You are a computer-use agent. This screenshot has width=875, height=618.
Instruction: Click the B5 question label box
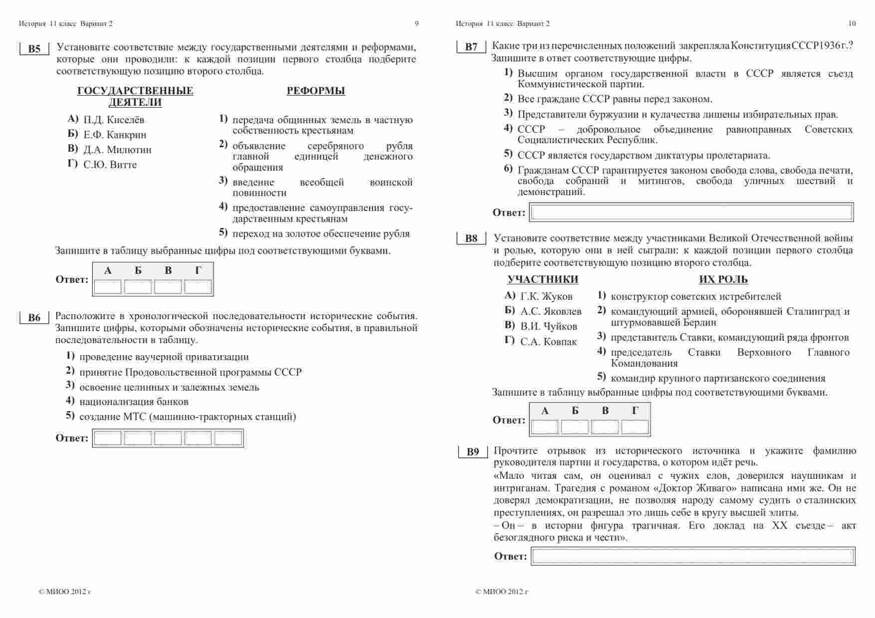click(34, 49)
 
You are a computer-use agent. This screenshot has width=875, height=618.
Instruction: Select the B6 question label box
click(34, 318)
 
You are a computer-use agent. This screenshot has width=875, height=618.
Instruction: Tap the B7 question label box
click(471, 47)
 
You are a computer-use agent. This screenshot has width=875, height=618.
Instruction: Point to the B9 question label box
click(473, 452)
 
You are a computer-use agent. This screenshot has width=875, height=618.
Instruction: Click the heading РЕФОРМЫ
click(316, 91)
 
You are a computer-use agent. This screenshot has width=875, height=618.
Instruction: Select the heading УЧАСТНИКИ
click(543, 279)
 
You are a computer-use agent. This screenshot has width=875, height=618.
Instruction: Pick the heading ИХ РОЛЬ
click(723, 279)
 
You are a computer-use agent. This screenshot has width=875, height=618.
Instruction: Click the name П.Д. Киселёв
click(114, 120)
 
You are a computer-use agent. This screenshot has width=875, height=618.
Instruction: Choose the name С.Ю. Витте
click(110, 165)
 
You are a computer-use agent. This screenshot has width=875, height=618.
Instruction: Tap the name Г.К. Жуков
click(546, 296)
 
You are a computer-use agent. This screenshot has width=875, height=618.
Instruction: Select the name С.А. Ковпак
click(548, 342)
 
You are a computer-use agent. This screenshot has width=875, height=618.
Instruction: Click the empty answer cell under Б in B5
click(138, 287)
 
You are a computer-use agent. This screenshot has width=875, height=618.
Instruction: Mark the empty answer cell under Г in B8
click(635, 427)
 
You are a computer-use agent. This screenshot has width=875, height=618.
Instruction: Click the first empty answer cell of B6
click(108, 438)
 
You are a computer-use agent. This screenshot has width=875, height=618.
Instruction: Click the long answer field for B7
click(691, 212)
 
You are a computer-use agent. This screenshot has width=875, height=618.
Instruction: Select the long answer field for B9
click(692, 556)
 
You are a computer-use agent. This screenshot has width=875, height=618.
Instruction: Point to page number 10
click(852, 23)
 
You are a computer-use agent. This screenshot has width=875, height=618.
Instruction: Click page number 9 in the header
click(417, 23)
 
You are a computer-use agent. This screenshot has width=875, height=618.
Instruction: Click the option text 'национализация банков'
click(134, 402)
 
